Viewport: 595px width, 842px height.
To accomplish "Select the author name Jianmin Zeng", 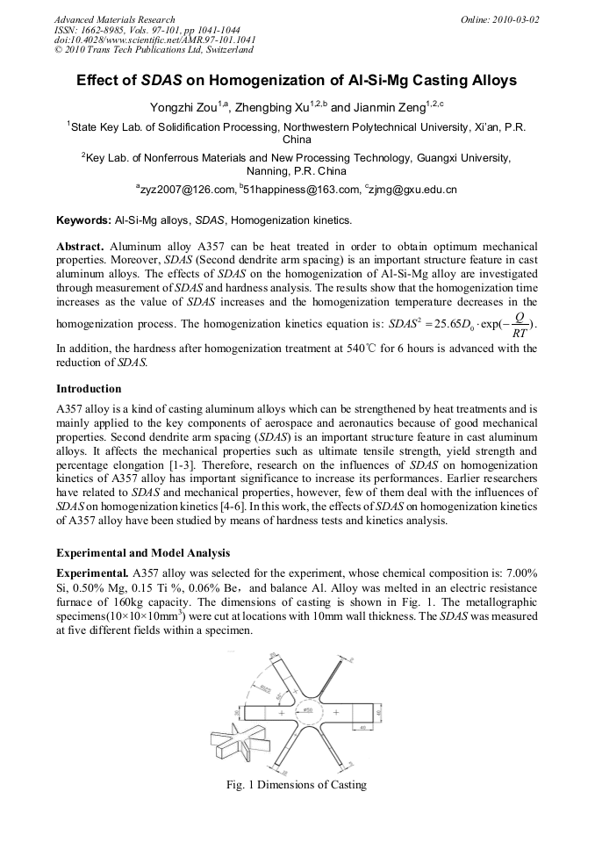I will click(393, 107).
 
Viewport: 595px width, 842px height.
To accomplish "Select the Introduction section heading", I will click(89, 388).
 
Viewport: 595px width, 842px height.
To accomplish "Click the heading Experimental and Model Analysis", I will click(143, 553).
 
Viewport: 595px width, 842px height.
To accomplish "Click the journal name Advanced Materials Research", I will click(114, 19).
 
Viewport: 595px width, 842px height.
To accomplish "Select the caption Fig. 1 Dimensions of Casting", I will click(296, 785).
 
